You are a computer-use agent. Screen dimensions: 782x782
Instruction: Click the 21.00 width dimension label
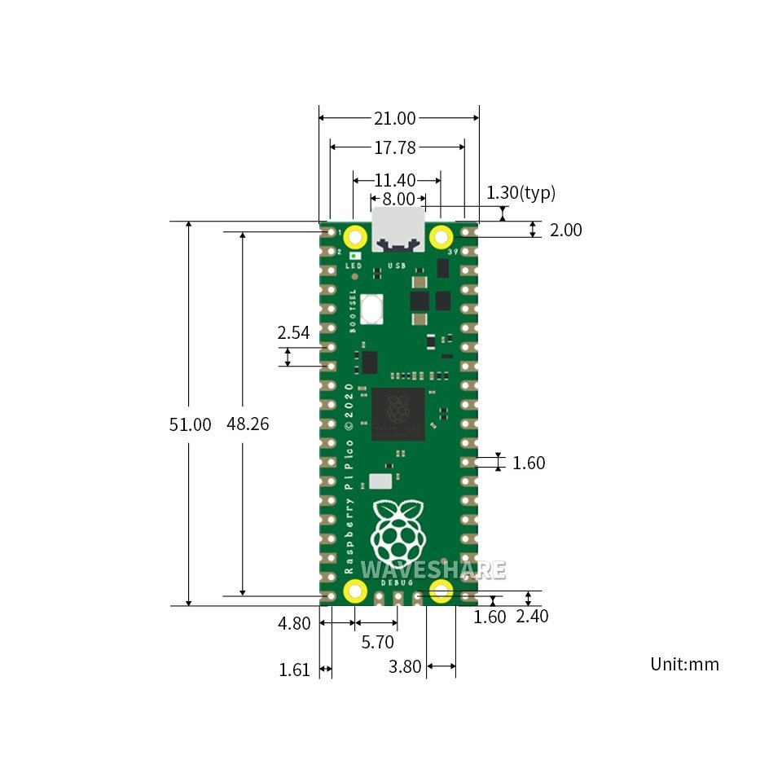coord(395,119)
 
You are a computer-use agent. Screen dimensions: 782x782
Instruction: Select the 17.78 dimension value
coord(395,147)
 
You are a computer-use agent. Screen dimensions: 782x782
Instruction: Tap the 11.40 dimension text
coord(396,180)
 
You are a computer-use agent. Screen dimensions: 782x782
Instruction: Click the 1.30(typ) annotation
coord(521,193)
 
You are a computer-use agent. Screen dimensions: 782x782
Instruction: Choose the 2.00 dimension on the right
coord(565,231)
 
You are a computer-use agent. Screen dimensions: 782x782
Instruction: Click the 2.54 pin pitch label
coord(293,332)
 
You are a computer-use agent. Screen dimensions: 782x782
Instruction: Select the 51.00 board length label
coord(190,424)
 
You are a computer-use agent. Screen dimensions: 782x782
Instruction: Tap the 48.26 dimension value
coord(248,424)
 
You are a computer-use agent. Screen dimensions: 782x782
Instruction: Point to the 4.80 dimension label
coord(294,624)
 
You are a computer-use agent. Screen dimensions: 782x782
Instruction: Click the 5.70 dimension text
coord(377,642)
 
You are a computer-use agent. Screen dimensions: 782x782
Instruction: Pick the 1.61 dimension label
coord(294,670)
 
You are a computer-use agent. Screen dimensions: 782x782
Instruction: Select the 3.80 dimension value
coord(405,667)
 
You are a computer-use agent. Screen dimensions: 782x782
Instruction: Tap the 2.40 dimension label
coord(532,617)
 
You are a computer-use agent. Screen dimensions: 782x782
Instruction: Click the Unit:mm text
coord(684,664)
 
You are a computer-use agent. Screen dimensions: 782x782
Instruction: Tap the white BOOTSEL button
coord(372,309)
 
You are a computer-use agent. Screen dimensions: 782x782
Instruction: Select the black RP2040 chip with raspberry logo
coord(398,414)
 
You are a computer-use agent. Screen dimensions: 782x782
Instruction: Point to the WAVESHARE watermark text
coord(433,569)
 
